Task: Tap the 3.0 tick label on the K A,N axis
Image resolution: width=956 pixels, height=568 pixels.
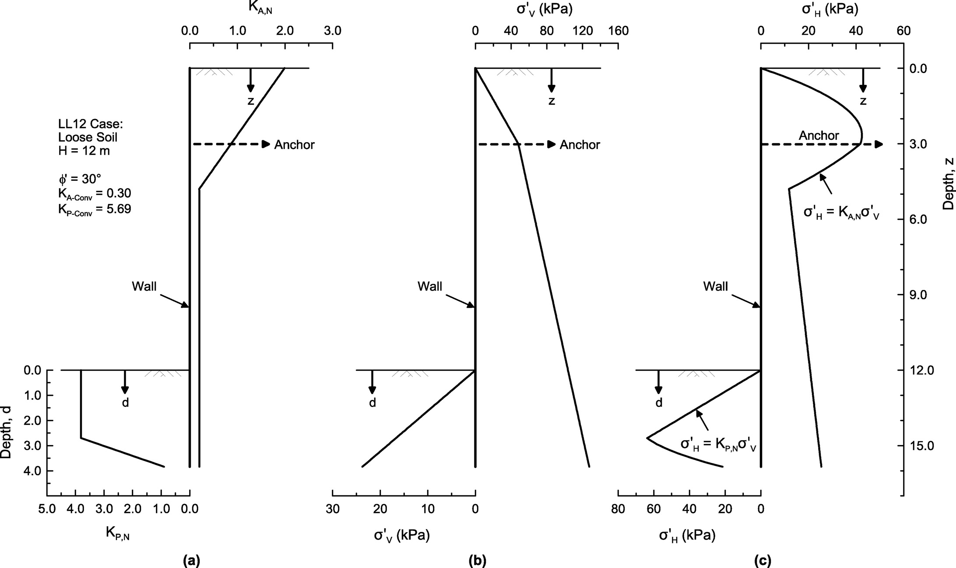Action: coord(332,31)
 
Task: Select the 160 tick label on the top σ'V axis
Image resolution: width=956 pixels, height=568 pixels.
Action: coord(619,31)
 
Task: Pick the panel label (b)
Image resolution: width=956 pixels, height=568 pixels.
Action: coord(477,560)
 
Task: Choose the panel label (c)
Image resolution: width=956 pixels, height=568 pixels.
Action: coord(763,560)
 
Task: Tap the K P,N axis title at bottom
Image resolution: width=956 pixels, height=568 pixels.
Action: coord(117,533)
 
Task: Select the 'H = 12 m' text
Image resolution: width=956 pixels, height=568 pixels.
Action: coord(84,151)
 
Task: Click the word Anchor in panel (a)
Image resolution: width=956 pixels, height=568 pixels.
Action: coord(294,145)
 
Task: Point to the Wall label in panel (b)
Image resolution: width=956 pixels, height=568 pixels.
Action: coord(430,286)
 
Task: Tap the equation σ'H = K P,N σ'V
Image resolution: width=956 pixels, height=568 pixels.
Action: coord(718,445)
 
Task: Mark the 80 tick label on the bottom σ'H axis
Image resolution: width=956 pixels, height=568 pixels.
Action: coord(618,509)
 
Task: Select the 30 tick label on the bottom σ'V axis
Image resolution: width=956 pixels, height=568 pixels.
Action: coord(332,509)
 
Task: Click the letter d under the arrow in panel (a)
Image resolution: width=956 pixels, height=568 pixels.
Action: coord(125,403)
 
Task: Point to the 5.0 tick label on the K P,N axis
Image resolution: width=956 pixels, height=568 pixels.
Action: coord(47,509)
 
